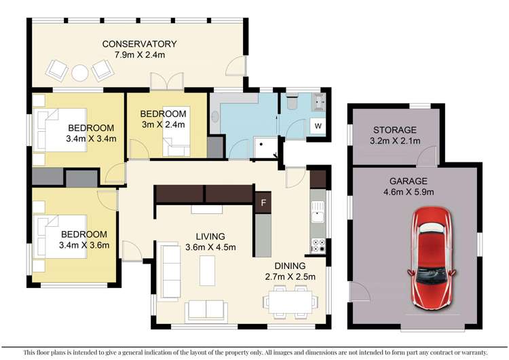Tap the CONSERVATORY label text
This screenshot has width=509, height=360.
[140, 45]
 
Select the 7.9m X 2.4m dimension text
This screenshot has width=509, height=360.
[140, 56]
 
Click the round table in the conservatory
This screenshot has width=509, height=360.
[81, 70]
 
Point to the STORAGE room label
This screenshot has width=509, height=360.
[394, 130]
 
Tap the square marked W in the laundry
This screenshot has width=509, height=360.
[317, 126]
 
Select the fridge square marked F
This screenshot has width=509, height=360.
[262, 202]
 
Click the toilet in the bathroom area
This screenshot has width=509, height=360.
[291, 103]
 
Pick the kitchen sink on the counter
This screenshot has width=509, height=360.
[316, 217]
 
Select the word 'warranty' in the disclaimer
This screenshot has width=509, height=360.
[471, 352]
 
